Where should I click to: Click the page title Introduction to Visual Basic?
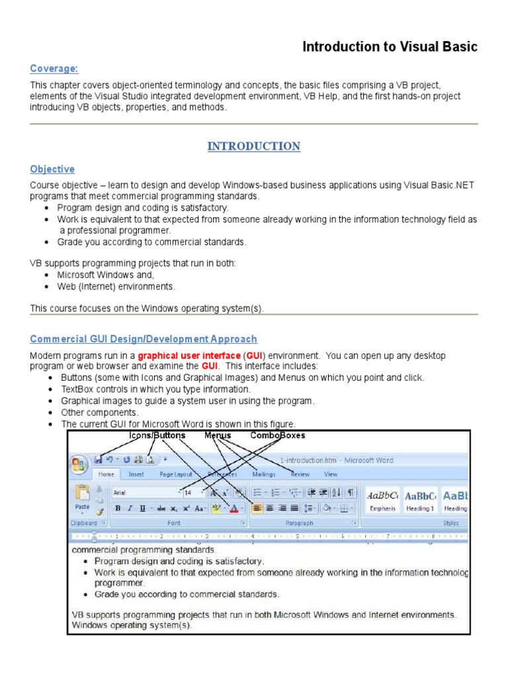390,47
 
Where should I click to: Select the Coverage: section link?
54,69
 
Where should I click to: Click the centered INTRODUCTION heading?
254,146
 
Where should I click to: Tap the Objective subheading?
52,169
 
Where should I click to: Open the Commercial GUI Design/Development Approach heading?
144,339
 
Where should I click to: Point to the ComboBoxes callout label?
278,436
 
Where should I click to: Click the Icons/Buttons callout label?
157,436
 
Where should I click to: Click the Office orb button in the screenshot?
79,464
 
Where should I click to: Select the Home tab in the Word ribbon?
106,474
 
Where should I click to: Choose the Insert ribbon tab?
136,474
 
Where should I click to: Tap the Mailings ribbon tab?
264,474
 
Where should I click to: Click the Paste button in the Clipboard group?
83,498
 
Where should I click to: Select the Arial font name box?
146,493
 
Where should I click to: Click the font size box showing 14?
192,493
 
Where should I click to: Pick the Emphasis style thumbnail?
383,500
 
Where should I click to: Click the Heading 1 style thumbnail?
420,500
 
